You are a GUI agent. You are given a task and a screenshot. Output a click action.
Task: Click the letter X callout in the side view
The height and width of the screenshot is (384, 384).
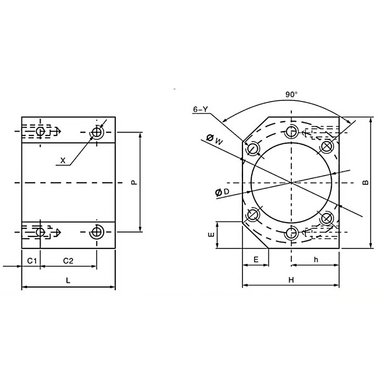(63, 161)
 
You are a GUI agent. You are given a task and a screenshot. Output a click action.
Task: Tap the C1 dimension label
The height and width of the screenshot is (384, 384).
(31, 259)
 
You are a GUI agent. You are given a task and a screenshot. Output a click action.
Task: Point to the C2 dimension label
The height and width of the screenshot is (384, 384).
(69, 259)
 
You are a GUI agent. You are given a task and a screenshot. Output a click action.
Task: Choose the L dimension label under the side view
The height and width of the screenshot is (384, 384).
(68, 280)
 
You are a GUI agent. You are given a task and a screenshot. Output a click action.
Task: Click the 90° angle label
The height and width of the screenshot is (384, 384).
(291, 94)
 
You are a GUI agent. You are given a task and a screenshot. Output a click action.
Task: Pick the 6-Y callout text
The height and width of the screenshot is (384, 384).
(200, 109)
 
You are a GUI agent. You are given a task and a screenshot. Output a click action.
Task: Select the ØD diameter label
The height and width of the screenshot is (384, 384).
(222, 191)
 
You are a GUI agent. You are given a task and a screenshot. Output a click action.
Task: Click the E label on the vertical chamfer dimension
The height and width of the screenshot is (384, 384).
(211, 235)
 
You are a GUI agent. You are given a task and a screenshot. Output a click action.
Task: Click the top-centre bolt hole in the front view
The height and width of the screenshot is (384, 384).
(291, 131)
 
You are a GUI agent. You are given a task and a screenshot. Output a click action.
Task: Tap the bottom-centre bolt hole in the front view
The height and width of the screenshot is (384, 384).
(291, 233)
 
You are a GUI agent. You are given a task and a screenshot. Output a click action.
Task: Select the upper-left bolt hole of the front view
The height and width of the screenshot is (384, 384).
(253, 149)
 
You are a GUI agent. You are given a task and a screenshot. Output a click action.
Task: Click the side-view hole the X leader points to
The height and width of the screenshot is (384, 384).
(97, 132)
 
